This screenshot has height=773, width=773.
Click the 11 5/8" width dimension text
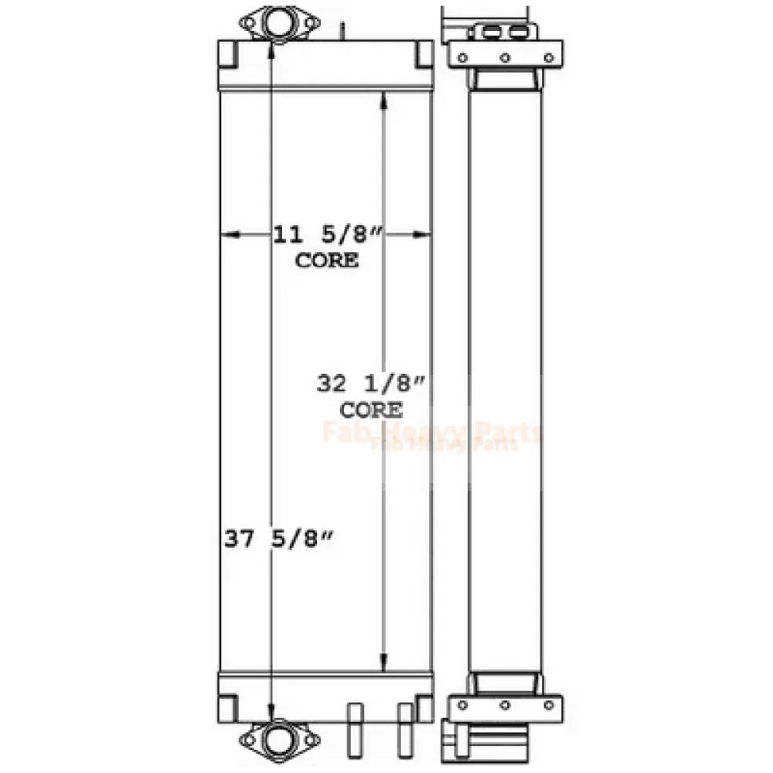(x=328, y=235)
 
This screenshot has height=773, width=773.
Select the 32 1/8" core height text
(x=371, y=383)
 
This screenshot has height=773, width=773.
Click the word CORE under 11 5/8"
(x=327, y=261)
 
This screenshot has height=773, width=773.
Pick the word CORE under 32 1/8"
(x=371, y=410)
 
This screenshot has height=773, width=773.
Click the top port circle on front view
(x=279, y=22)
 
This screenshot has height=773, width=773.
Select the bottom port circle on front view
(x=279, y=738)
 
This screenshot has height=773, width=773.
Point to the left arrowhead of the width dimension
(x=230, y=235)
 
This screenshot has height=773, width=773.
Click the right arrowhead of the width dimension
(x=421, y=235)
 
